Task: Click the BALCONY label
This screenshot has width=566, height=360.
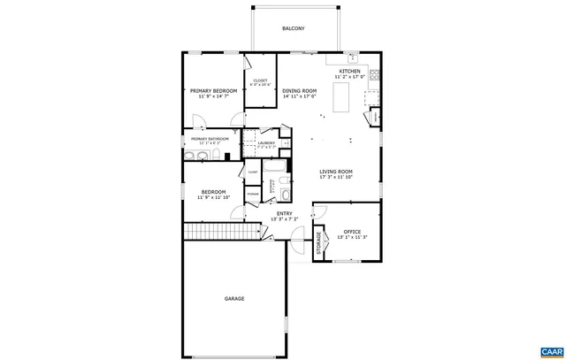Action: click(x=294, y=29)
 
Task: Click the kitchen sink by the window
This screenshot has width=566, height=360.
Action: click(x=351, y=59)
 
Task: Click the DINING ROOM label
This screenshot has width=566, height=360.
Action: click(x=299, y=91)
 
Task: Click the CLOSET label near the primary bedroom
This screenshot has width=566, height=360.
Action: click(x=260, y=80)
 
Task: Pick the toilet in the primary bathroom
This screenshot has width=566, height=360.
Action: click(x=216, y=157)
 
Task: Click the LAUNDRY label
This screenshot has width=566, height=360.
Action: click(x=266, y=142)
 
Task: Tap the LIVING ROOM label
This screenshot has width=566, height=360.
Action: click(x=336, y=172)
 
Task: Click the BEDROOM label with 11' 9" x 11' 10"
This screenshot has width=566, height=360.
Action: click(x=213, y=192)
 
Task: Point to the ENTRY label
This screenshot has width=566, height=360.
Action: click(x=284, y=213)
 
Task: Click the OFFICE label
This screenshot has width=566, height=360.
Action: click(x=352, y=232)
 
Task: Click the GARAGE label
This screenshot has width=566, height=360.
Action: click(x=233, y=298)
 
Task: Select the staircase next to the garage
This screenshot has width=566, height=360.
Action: click(x=225, y=232)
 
